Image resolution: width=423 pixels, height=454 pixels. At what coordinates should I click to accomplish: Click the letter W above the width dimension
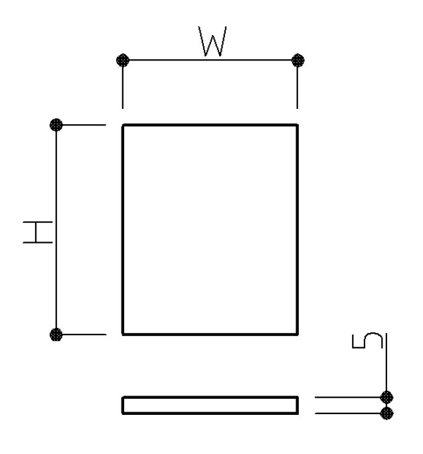pos(212,41)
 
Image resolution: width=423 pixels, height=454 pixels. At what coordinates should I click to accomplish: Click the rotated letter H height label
pos(38,232)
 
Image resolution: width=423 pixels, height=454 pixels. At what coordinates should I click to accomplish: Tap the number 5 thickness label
pos(367,340)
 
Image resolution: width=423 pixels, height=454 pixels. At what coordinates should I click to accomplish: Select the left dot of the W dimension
pos(123,60)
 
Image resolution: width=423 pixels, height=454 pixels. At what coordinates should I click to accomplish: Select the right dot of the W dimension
pos(298,60)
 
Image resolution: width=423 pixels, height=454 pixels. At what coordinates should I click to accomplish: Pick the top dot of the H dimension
pos(56,125)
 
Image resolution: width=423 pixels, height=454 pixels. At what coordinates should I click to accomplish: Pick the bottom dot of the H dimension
pos(56,335)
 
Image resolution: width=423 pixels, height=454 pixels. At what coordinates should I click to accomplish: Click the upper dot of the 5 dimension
pos(386,397)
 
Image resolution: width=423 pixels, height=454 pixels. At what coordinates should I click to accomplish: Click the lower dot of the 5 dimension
pos(386,413)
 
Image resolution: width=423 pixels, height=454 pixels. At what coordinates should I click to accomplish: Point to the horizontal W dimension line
pos(211,60)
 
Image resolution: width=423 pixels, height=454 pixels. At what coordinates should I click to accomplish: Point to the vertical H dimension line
pos(56,230)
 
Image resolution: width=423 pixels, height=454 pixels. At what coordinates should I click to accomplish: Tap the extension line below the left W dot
pos(123,84)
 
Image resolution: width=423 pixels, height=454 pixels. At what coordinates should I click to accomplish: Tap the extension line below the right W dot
pos(297,84)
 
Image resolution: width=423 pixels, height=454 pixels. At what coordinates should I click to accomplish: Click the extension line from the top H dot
pos(81,125)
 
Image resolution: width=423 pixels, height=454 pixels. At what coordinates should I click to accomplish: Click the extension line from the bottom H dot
pos(81,335)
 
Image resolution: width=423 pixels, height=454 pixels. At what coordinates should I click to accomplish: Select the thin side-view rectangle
pos(210,398)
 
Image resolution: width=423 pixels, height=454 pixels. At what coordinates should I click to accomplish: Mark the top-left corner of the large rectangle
pos(123,125)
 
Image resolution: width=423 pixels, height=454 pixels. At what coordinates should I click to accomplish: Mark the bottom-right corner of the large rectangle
pos(297,335)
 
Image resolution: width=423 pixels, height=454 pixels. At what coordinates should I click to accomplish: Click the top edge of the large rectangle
pos(210,125)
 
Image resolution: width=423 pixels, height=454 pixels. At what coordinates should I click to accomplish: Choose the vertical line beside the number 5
pos(386,365)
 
